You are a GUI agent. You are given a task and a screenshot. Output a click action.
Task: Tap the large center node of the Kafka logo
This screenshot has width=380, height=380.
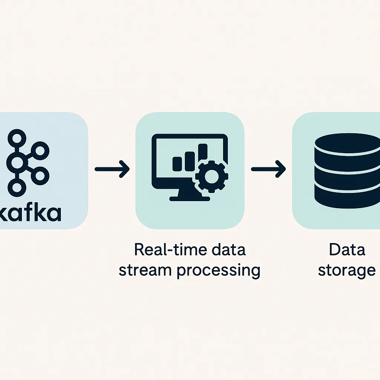click(17, 162)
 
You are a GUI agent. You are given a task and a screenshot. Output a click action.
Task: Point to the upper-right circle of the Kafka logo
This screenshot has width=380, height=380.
click(41, 150)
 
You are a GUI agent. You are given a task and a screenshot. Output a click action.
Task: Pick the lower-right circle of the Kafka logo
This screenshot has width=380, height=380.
click(41, 174)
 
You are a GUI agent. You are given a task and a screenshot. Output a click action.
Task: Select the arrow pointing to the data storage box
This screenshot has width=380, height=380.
click(268, 169)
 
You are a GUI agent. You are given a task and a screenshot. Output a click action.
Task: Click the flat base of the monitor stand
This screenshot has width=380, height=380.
click(189, 199)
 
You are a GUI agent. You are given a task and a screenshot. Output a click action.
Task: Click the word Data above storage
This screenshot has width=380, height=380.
click(347, 249)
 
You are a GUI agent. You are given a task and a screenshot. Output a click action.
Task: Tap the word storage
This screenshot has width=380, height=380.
click(347, 271)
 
